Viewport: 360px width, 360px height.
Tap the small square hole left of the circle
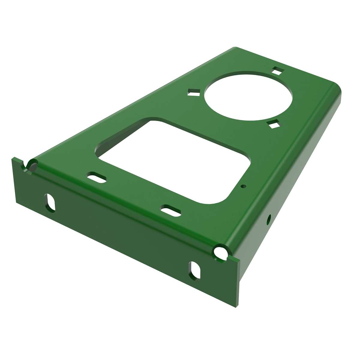point(194,92)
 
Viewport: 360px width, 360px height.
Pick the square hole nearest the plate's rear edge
point(278,70)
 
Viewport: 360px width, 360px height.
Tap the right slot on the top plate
point(171,209)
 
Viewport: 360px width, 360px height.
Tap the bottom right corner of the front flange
point(236,308)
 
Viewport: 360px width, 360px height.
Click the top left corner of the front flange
point(13,158)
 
